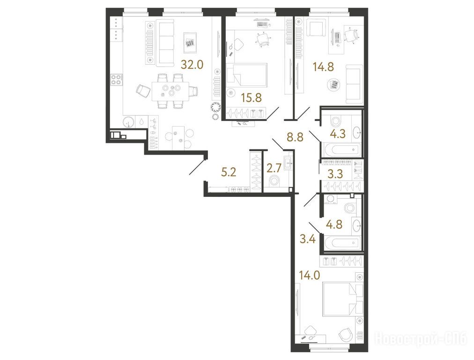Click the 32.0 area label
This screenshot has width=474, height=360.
click(x=192, y=64)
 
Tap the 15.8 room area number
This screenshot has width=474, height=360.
click(x=251, y=97)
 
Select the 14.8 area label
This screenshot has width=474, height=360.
click(x=323, y=67)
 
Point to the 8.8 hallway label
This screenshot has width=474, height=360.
click(x=295, y=137)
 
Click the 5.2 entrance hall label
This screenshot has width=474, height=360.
click(x=229, y=172)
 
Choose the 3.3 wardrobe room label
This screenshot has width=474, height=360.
click(x=336, y=174)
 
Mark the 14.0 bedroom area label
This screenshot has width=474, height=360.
click(x=309, y=275)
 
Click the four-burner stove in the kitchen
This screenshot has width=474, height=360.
click(x=116, y=79)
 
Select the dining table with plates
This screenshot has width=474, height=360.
click(x=171, y=91)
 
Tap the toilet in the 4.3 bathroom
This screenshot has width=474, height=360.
click(x=335, y=122)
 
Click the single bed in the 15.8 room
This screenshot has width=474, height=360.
click(x=247, y=75)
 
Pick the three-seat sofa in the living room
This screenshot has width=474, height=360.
click(x=165, y=43)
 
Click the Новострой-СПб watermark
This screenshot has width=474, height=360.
click(x=421, y=338)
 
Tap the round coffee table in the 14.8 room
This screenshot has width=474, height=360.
click(x=334, y=84)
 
